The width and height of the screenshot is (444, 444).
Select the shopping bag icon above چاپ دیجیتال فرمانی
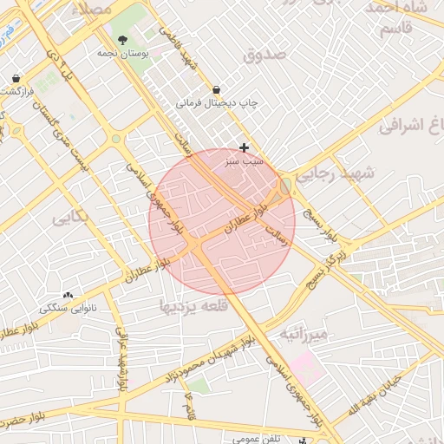pos(216,89)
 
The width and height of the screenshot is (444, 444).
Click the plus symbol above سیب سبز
pos(245,148)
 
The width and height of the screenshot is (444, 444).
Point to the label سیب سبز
pos(245,161)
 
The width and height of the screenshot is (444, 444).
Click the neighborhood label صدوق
pos(264,55)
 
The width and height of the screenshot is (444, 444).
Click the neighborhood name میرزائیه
pos(304,335)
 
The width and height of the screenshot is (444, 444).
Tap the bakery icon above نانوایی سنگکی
pos(68,296)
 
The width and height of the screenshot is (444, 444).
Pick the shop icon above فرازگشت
pos(17,78)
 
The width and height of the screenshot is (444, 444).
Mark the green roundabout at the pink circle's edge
pos(285,186)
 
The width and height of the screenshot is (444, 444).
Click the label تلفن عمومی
pos(256,439)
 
